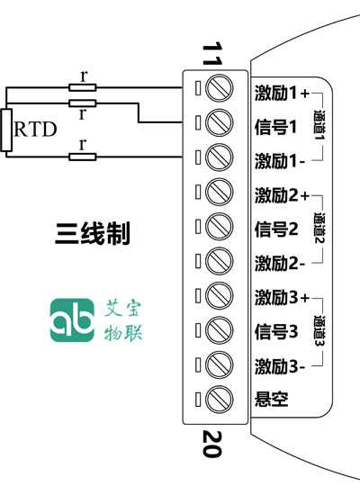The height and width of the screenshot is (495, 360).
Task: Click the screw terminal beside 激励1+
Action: click(x=220, y=88)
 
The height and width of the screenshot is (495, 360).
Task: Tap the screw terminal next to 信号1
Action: click(x=220, y=122)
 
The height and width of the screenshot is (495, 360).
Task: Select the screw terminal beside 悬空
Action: click(x=220, y=399)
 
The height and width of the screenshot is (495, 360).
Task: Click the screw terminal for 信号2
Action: click(x=220, y=227)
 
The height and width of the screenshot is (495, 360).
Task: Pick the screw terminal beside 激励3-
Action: click(x=220, y=364)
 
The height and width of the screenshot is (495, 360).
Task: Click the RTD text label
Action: click(x=35, y=129)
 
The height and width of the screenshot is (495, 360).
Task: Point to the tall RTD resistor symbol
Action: click(x=6, y=130)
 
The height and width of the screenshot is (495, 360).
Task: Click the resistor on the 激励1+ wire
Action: click(x=83, y=87)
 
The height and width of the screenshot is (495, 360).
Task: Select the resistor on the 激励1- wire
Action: click(x=83, y=157)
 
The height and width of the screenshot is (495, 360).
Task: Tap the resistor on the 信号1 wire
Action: click(x=83, y=103)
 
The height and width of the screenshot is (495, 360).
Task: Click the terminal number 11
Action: click(x=212, y=54)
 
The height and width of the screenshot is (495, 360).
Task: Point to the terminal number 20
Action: click(x=212, y=444)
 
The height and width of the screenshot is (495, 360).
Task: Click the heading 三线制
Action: click(x=92, y=234)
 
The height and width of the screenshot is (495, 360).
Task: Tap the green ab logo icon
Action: click(x=72, y=320)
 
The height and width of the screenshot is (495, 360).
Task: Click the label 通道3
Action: click(x=319, y=330)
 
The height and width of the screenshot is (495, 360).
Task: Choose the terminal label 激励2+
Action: click(x=282, y=195)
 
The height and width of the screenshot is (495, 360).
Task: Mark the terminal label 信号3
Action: click(x=276, y=331)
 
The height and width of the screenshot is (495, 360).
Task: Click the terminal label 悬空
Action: click(x=271, y=400)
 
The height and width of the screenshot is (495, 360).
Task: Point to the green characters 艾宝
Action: click(x=122, y=308)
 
